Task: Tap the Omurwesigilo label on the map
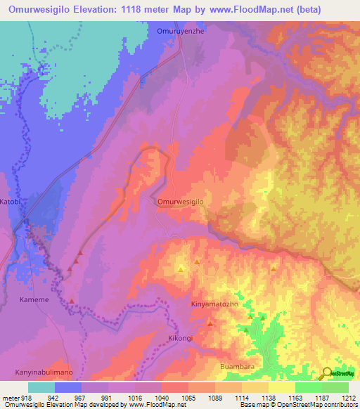coord(180,202)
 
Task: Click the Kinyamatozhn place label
coord(215,305)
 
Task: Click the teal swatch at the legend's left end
coord(41,387)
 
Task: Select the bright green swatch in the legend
coord(308,387)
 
